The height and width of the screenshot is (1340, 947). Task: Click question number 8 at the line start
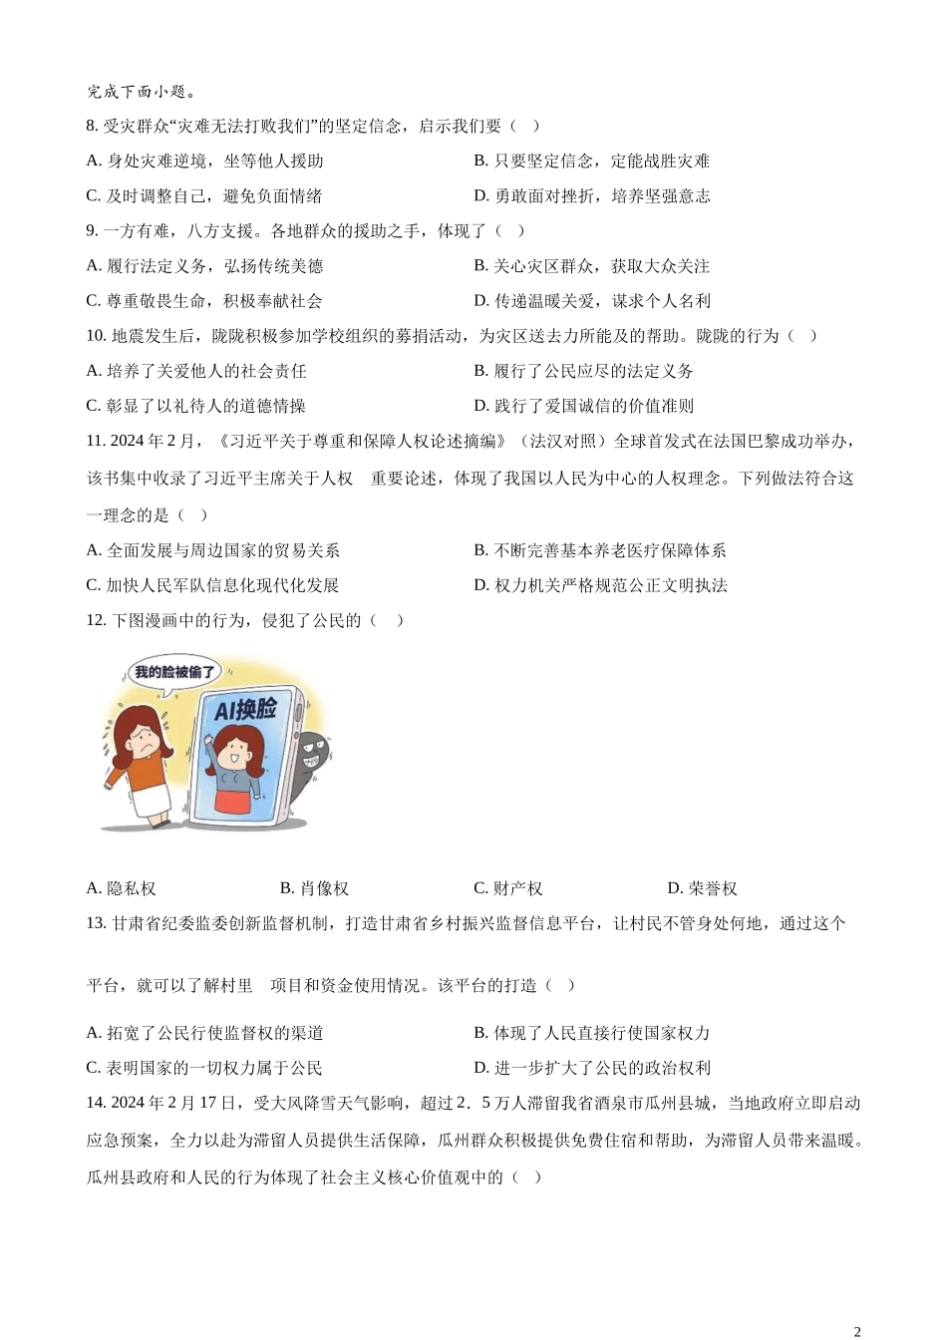click(x=93, y=126)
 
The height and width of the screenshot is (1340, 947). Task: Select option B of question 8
click(x=591, y=161)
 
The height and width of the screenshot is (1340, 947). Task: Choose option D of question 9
click(x=591, y=300)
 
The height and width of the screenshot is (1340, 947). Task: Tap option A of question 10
click(x=196, y=371)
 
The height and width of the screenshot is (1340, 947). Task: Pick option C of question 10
click(x=196, y=406)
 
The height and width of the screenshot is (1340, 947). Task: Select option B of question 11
click(x=599, y=550)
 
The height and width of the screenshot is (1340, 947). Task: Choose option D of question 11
click(x=600, y=585)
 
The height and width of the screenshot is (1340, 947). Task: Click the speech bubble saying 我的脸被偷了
click(x=173, y=672)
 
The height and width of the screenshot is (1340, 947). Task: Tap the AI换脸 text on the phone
click(x=246, y=709)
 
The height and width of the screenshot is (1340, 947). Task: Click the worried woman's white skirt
click(x=153, y=798)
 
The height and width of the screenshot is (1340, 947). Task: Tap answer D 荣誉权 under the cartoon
click(x=702, y=888)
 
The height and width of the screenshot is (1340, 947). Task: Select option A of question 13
click(x=204, y=1033)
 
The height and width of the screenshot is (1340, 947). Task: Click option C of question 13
click(x=204, y=1068)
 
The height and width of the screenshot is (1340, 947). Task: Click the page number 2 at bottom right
click(x=856, y=1330)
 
